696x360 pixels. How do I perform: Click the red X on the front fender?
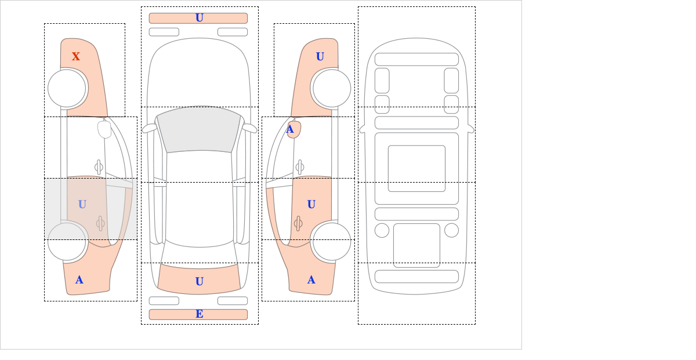(x=76, y=56)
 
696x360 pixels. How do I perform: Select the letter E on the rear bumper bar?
(x=200, y=314)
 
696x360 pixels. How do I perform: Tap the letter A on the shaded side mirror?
(x=291, y=129)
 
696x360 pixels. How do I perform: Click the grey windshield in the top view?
(x=198, y=129)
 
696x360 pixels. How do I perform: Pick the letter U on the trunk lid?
(x=200, y=282)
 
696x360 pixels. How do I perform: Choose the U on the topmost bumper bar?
(x=200, y=18)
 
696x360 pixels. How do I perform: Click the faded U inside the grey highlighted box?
(x=82, y=204)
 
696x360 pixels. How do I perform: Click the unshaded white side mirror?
(x=104, y=129)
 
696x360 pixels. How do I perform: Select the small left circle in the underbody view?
(x=382, y=230)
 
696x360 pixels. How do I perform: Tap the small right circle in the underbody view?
(x=451, y=230)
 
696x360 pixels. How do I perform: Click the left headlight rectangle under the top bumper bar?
(x=164, y=32)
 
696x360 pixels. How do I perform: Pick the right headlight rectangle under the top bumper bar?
(x=233, y=32)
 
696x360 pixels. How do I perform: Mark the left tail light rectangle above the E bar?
(x=164, y=301)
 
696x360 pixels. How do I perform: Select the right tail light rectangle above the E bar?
(x=233, y=301)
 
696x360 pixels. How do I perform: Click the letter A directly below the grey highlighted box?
(x=79, y=280)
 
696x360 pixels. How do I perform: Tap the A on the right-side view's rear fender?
(x=311, y=280)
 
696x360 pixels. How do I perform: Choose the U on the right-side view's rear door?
(x=311, y=204)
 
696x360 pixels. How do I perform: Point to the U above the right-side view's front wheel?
(x=320, y=56)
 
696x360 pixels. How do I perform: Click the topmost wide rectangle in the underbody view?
(x=416, y=59)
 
